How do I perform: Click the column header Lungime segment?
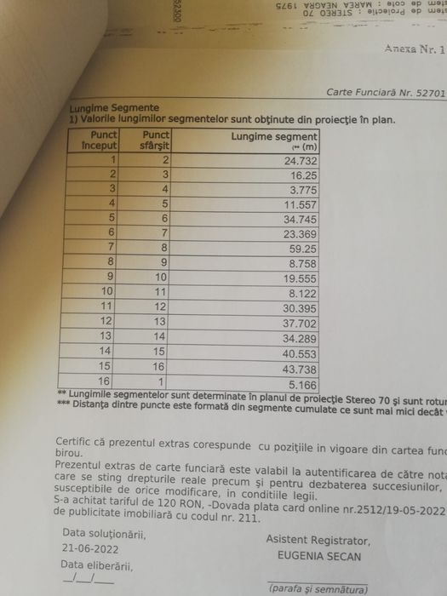274,136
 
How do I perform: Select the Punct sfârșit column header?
156,140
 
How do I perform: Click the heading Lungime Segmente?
115,108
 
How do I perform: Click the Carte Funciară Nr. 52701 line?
385,92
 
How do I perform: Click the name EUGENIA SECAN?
318,556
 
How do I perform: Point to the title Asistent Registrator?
318,540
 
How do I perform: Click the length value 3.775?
303,189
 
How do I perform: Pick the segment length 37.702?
300,321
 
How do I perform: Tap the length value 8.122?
303,291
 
